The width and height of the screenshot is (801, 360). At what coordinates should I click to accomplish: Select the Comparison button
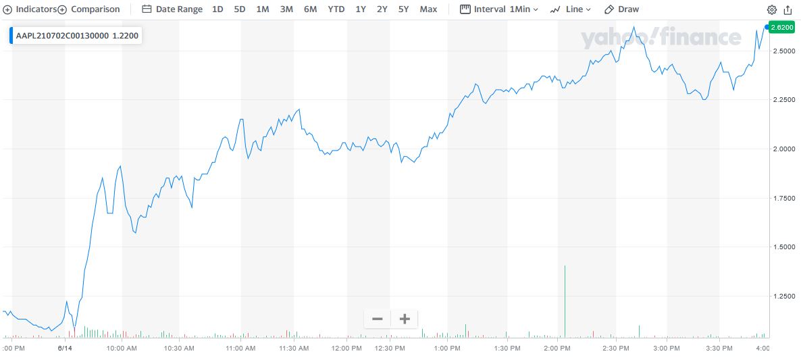point(89,9)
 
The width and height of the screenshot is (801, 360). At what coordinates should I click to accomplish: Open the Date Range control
point(172,9)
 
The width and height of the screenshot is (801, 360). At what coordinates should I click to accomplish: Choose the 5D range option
point(240,9)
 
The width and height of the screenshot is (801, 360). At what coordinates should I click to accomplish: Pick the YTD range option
point(336,9)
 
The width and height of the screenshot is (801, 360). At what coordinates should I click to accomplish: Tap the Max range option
point(428,9)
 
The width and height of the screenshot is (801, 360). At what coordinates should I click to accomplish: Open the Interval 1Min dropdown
point(499,9)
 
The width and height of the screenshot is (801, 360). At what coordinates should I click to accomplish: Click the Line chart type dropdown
point(571,9)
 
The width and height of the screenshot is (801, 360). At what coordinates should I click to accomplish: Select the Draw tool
point(621,9)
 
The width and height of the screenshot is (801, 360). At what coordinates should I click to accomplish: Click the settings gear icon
point(772,10)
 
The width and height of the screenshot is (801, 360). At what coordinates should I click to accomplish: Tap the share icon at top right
point(787,10)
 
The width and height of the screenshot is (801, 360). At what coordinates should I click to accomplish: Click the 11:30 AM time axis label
point(293,349)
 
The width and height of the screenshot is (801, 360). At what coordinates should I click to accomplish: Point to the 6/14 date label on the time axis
point(65,349)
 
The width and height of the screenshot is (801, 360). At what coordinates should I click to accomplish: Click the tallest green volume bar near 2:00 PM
point(565,301)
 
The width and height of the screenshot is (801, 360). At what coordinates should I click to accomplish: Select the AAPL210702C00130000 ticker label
point(62,35)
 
